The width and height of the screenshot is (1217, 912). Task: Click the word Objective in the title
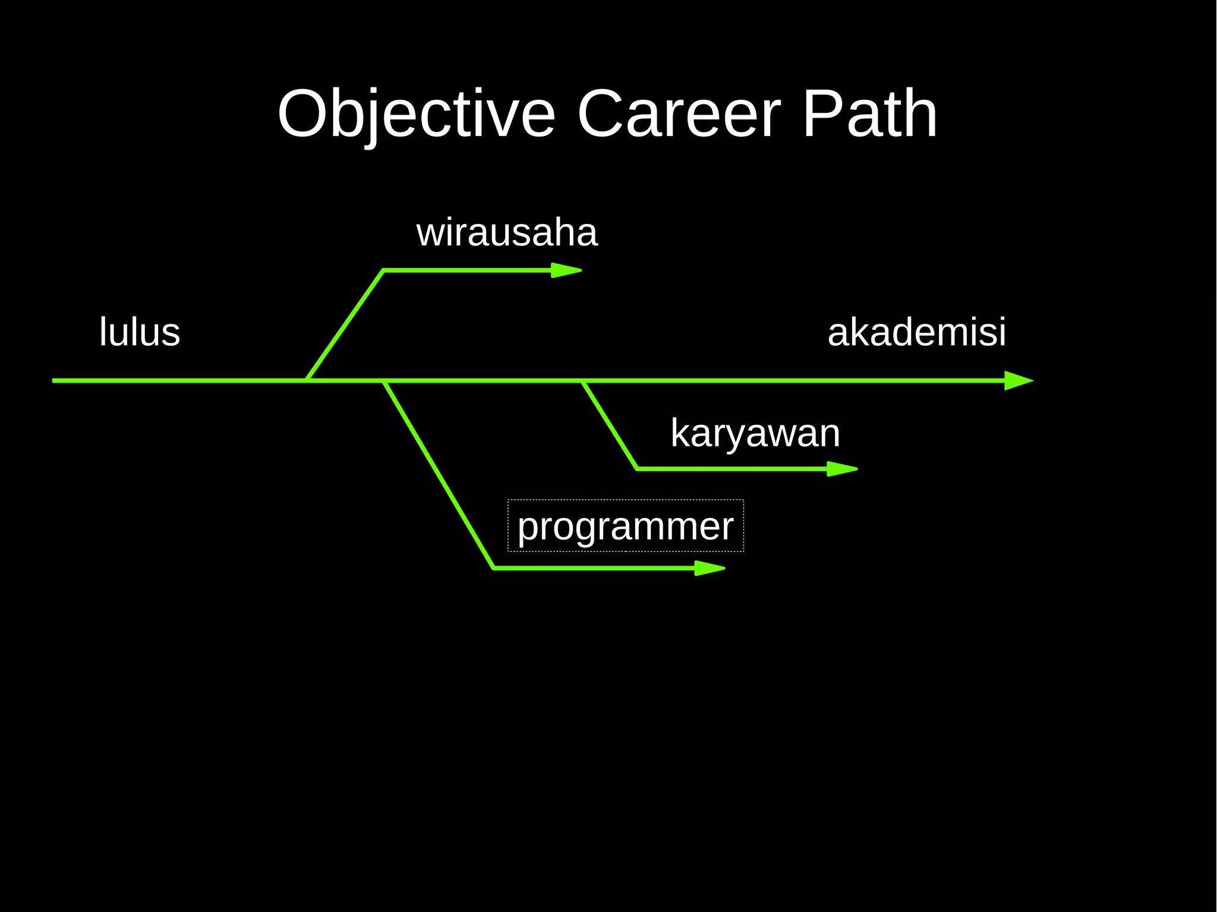click(x=416, y=114)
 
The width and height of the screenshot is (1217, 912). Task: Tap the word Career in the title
click(x=679, y=114)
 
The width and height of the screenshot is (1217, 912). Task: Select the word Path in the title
click(x=869, y=114)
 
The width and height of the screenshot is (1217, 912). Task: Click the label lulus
click(x=140, y=332)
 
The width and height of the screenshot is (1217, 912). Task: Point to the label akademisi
click(x=916, y=332)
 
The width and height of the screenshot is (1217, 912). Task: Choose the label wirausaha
click(x=507, y=232)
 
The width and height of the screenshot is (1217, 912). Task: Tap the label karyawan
click(x=755, y=433)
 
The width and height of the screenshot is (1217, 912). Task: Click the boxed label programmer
click(x=625, y=526)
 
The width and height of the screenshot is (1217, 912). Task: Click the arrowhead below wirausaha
click(x=566, y=270)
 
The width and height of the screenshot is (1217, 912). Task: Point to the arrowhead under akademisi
click(x=1019, y=380)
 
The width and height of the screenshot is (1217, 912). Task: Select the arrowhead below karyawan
click(x=842, y=469)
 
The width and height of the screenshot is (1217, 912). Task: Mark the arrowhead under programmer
click(x=710, y=568)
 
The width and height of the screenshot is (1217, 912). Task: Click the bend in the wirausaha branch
click(x=383, y=271)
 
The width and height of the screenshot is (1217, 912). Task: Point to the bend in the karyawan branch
click(x=637, y=469)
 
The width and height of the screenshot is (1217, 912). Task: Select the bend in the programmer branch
click(x=494, y=568)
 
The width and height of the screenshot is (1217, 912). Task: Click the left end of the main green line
click(x=54, y=380)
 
